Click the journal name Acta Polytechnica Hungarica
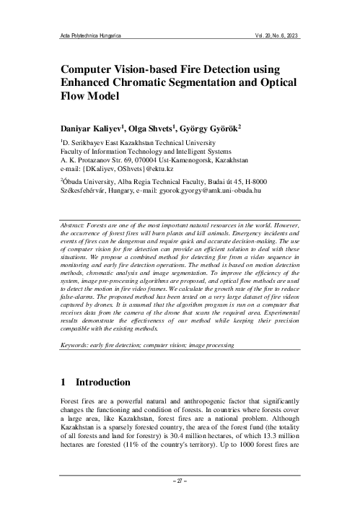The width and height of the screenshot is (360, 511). point(89,34)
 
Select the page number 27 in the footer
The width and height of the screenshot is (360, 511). point(180,479)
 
